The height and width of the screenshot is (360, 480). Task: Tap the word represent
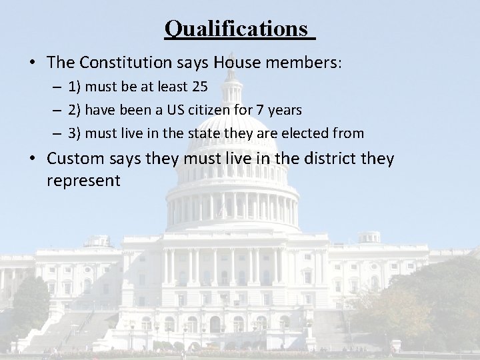[84, 181]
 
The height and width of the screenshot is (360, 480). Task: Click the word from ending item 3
[349, 133]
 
